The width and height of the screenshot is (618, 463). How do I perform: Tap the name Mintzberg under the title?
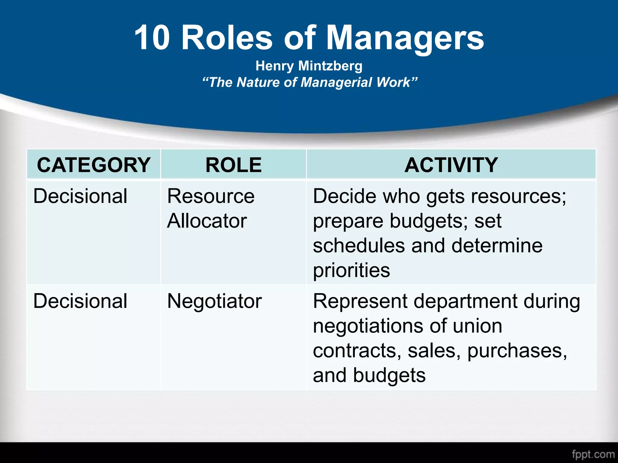[x=330, y=66]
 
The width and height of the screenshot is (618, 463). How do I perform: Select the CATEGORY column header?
[x=94, y=165]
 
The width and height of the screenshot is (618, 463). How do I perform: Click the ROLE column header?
[x=234, y=165]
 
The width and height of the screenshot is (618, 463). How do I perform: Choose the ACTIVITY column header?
[x=451, y=165]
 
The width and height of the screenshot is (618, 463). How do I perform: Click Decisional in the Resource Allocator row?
[x=80, y=196]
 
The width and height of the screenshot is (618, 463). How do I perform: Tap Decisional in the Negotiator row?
[x=80, y=301]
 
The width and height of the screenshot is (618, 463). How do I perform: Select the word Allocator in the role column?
[x=207, y=221]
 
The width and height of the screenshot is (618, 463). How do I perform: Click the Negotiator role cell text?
[x=215, y=301]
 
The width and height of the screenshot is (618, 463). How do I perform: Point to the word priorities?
[x=352, y=270]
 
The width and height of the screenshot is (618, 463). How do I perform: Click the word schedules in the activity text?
[x=359, y=246]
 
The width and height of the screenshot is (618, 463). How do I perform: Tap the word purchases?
[x=517, y=351]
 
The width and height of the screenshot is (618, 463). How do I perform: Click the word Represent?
[x=360, y=301]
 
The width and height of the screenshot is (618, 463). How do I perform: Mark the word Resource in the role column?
[x=211, y=196]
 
